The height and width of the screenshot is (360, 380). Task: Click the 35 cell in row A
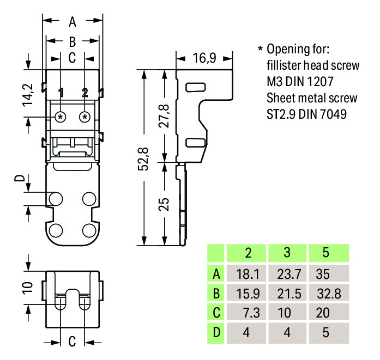[325, 273]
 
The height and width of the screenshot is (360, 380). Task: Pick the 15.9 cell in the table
[248, 294]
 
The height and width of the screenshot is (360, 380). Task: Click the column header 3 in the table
[287, 253]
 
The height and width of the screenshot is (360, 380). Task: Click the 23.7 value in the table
[287, 273]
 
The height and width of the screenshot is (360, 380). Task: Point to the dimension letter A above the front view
[73, 22]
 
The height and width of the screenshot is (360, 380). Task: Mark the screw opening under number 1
[61, 117]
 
